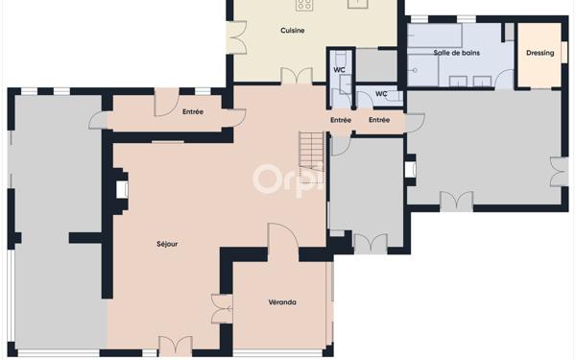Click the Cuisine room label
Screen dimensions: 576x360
[293, 31]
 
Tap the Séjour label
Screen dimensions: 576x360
[167, 244]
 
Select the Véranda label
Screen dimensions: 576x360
[282, 302]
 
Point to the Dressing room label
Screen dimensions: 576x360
[540, 53]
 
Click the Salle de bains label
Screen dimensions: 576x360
[457, 53]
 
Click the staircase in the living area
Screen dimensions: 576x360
[311, 157]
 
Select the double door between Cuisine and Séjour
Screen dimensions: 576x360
[297, 76]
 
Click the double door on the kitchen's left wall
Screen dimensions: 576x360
[237, 37]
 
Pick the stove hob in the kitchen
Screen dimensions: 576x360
[304, 5]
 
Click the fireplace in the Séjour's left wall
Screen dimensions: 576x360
[122, 189]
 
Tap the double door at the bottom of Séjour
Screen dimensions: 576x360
[176, 346]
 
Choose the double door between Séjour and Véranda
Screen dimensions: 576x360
[223, 308]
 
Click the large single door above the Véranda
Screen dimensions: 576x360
[283, 237]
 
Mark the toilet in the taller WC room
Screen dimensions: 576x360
[341, 57]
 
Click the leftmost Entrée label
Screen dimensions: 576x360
[193, 111]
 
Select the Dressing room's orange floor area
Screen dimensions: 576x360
[540, 55]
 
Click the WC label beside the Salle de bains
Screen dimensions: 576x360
[381, 94]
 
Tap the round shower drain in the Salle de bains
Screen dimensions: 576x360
[415, 69]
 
